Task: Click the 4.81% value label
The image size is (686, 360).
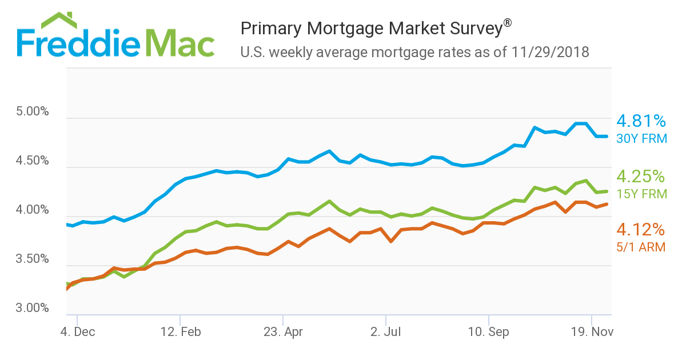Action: click(x=641, y=121)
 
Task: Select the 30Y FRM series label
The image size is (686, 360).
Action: click(x=641, y=139)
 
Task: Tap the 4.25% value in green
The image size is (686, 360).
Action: click(x=641, y=176)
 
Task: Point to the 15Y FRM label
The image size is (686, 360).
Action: click(x=641, y=194)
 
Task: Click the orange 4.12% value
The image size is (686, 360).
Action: click(x=640, y=230)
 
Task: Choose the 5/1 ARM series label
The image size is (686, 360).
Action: click(x=640, y=247)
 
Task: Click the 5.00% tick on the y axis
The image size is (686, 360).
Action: click(x=33, y=111)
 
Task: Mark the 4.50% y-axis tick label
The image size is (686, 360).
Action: click(x=33, y=161)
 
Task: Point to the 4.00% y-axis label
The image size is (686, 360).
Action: click(x=33, y=210)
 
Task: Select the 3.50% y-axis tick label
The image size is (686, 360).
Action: click(x=33, y=259)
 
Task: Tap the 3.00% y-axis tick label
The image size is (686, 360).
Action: click(x=33, y=308)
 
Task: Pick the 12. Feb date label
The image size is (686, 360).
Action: click(x=180, y=331)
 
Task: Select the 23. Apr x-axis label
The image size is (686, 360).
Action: click(x=283, y=331)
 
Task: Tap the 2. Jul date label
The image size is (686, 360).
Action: click(x=386, y=331)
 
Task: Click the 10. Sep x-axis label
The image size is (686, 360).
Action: click(x=489, y=331)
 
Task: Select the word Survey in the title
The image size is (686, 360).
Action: click(x=472, y=29)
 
